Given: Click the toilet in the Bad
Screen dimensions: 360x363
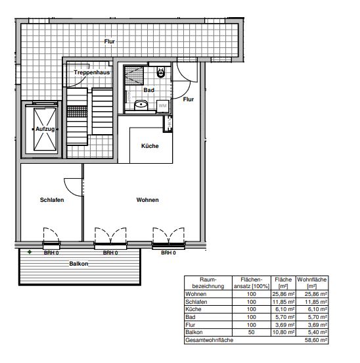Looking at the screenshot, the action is [x=161, y=71].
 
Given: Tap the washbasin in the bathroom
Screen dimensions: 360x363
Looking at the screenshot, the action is [x=141, y=105].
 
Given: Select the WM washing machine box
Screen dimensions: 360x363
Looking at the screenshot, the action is [x=163, y=106].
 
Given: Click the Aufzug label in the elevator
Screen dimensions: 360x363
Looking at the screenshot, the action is [x=45, y=129].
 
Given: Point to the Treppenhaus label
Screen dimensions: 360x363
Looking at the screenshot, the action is [x=92, y=72].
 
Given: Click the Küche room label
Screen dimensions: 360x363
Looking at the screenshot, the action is [x=150, y=146].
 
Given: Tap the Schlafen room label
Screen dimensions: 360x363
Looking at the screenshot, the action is [x=52, y=200].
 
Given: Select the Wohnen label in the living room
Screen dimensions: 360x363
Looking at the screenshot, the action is [x=148, y=200].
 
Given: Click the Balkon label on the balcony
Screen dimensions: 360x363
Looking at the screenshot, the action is [x=79, y=264].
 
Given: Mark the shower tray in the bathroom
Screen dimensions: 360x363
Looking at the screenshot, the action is [x=134, y=76].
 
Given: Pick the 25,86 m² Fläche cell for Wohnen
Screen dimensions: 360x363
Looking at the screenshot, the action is [x=284, y=294].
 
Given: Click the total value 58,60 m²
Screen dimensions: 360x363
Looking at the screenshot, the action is [x=316, y=340].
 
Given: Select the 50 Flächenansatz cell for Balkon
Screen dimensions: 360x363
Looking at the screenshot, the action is [x=252, y=332].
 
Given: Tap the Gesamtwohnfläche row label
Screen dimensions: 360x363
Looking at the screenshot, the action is [x=210, y=340].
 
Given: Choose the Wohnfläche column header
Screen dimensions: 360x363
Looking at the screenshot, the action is [x=312, y=283].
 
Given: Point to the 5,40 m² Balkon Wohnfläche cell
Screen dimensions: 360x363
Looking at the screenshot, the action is [x=317, y=332].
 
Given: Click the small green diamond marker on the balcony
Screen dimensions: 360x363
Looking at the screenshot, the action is [x=30, y=252].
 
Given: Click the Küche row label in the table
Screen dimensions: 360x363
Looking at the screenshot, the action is [x=193, y=309].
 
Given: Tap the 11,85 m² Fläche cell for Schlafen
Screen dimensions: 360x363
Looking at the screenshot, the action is [x=284, y=302].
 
